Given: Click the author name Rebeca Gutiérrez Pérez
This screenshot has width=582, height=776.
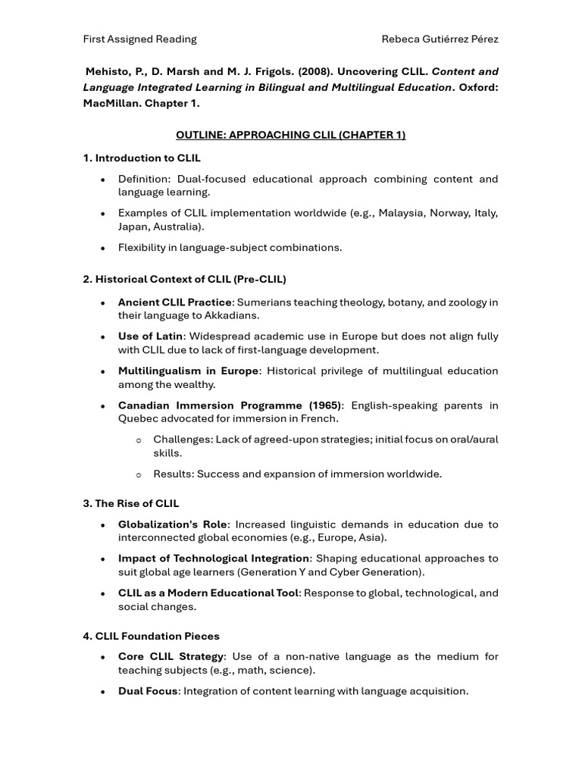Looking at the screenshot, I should coord(440,39).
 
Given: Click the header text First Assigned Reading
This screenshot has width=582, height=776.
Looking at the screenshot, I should coord(139,39).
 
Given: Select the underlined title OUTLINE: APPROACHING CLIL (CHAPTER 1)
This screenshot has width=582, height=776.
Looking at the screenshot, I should coord(290,135).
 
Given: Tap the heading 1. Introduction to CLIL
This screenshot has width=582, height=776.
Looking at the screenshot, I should coord(142,158).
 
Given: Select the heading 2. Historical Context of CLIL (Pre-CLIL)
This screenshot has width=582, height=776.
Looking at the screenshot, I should coord(184,279).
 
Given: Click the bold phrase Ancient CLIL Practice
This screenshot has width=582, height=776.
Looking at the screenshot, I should coord(174,302).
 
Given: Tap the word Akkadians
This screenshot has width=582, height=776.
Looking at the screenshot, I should coord(233,315).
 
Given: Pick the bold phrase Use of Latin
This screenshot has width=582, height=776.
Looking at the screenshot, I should coord(150,336).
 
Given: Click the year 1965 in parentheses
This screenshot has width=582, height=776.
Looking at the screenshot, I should coord(324,405).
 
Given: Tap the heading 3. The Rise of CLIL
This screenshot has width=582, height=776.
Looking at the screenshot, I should coord(130,503).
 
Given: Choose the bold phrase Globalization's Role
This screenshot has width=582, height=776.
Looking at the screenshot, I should coord(172,524).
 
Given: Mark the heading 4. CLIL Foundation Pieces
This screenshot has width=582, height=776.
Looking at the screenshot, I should coord(151,636).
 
